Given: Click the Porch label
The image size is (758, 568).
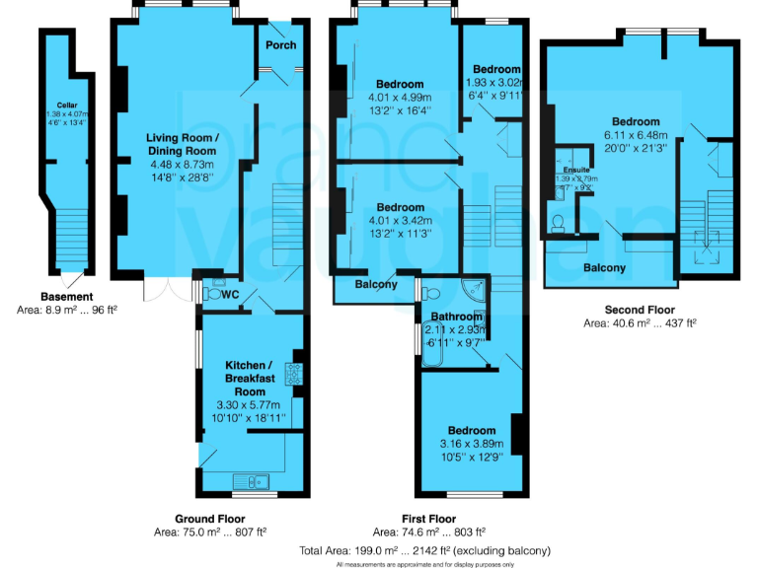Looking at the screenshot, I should click(281, 45).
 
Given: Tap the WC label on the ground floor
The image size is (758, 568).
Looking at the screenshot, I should click(231, 294).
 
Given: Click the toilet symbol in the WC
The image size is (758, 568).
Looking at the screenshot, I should click(211, 293).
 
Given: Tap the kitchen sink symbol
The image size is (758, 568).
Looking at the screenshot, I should click(260, 482).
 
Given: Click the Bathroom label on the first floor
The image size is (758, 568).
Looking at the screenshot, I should click(456, 317).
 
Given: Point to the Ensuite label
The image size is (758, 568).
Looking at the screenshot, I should click(575, 170).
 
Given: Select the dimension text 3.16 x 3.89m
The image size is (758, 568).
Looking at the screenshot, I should click(472, 445).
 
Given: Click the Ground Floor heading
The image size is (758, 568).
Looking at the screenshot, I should click(210, 518).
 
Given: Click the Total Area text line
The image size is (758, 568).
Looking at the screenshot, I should click(424, 550).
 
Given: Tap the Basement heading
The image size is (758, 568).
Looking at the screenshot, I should click(67, 297).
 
